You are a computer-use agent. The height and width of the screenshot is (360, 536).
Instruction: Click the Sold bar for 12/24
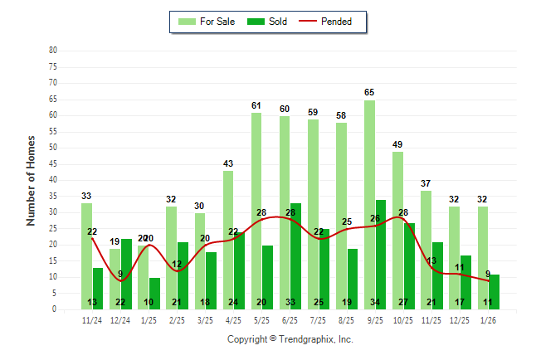pyautogui.click(x=126, y=274)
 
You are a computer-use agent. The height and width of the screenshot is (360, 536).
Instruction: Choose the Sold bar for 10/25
pyautogui.click(x=408, y=265)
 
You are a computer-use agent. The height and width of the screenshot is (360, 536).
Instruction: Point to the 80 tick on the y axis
pyautogui.click(x=52, y=50)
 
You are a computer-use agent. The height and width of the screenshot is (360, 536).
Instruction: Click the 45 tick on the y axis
pyautogui.click(x=52, y=163)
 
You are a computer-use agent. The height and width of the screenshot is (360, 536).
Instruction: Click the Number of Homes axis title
pyautogui.click(x=32, y=180)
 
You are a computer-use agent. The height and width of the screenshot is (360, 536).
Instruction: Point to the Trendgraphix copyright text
pyautogui.click(x=290, y=339)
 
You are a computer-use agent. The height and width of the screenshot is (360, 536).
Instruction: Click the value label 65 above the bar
pyautogui.click(x=369, y=92)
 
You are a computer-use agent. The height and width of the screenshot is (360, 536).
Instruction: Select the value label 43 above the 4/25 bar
pyautogui.click(x=228, y=163)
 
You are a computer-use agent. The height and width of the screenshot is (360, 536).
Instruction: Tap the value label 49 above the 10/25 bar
pyautogui.click(x=397, y=144)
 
